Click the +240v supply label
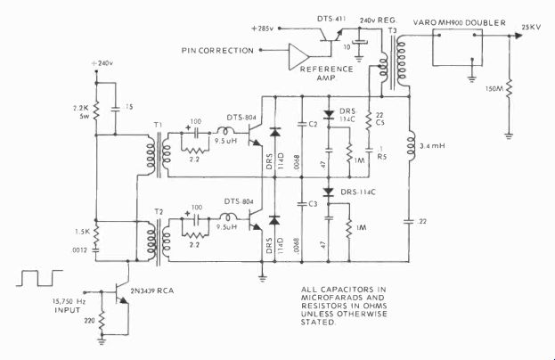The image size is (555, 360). coord(105,64)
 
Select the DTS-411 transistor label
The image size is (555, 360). coord(343,18)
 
